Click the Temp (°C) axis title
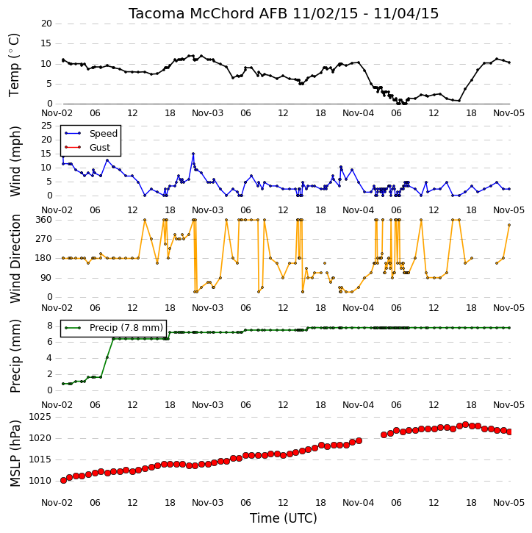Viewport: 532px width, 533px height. tap(14, 65)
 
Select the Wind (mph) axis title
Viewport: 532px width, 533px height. tap(15, 161)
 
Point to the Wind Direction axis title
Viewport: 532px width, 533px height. tap(15, 258)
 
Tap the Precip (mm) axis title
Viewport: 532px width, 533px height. tap(15, 356)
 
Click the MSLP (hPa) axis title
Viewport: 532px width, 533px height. tap(15, 454)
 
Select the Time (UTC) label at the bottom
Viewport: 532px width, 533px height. tap(284, 518)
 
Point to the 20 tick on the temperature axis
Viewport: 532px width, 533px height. tap(46, 24)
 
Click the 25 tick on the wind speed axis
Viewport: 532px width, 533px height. tap(46, 126)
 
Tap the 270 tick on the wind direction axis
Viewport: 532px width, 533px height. tap(44, 239)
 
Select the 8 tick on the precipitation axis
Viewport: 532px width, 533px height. tap(49, 326)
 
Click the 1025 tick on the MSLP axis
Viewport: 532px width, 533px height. tap(40, 417)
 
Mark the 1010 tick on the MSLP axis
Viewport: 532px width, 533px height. tap(40, 481)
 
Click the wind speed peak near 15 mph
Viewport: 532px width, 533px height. tap(193, 154)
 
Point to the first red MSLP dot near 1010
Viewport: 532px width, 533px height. tap(63, 480)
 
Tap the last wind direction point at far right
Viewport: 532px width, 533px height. tap(509, 225)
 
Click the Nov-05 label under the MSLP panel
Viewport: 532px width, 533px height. tap(508, 502)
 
